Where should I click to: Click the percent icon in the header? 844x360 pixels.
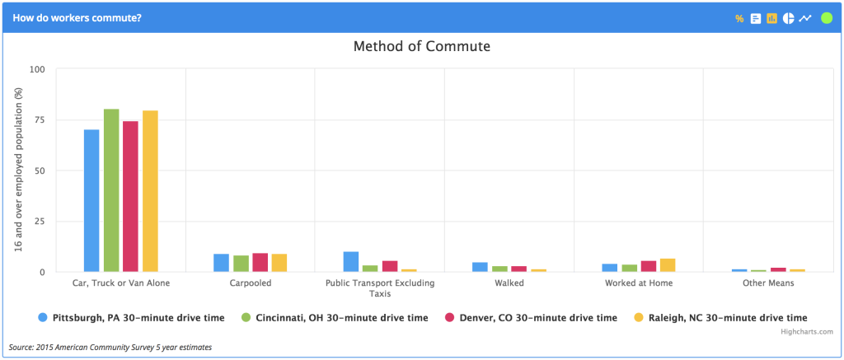click(739, 18)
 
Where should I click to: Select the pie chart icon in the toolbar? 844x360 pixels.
click(788, 18)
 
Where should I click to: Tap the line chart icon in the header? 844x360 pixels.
click(805, 18)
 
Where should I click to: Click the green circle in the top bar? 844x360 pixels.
click(827, 18)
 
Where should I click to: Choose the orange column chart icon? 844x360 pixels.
click(772, 18)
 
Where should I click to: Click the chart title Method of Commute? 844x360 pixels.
click(421, 46)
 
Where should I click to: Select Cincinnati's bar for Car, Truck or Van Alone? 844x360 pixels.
click(111, 190)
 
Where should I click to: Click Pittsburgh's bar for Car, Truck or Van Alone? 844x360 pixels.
click(91, 200)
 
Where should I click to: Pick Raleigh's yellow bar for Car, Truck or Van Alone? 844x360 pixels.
click(150, 191)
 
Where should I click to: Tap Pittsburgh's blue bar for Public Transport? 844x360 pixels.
click(351, 262)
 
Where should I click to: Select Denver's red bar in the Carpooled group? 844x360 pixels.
click(260, 263)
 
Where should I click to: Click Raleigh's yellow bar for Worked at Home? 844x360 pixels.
click(668, 265)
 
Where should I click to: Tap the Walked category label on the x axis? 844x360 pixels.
click(509, 283)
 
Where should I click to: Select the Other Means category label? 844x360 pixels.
click(767, 283)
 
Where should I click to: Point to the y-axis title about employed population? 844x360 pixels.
click(18, 170)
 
